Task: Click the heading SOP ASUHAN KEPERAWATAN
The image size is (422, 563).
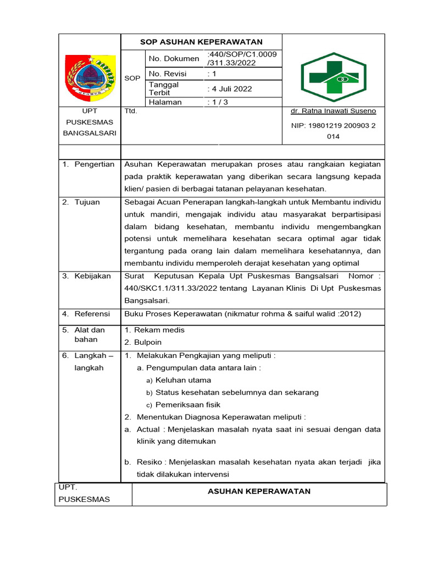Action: point(201,42)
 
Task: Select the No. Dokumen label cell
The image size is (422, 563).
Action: point(174,59)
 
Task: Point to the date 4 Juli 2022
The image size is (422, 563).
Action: point(230,89)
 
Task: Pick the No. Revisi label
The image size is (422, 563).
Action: point(168,74)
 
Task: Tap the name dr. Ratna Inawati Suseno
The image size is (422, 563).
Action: point(334,111)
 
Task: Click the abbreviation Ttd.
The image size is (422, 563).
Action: point(131,111)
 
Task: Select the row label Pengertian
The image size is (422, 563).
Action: point(95,164)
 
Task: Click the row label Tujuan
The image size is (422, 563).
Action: point(87,202)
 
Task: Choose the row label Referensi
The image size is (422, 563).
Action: point(92,314)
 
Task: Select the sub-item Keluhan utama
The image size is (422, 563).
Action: point(183,380)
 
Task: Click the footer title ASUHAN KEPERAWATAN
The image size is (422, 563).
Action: point(259,491)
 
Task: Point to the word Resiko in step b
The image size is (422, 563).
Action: point(148,462)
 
